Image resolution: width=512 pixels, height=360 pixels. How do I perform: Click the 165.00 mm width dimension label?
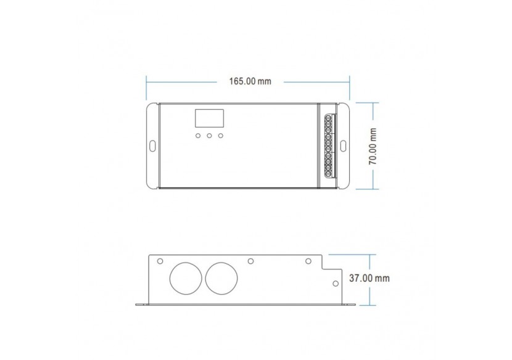(x=250, y=81)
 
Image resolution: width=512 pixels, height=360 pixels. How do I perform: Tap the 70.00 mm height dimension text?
(x=373, y=145)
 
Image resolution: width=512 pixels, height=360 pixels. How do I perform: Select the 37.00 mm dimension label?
(x=370, y=279)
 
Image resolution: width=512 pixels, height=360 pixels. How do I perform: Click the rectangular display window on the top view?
(x=209, y=118)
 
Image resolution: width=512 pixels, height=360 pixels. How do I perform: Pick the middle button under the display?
(x=209, y=136)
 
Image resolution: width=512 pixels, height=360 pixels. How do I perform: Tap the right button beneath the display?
(x=221, y=136)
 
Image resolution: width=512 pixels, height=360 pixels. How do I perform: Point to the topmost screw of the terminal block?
(x=328, y=118)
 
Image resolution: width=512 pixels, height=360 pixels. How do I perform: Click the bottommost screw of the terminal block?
(x=328, y=173)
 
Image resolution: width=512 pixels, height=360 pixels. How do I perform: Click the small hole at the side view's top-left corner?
(x=160, y=261)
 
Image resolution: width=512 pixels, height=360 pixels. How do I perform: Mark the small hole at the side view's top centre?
(x=250, y=261)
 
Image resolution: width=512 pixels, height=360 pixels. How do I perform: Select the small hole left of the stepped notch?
(x=308, y=261)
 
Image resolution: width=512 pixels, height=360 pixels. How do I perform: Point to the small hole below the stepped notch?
(x=335, y=284)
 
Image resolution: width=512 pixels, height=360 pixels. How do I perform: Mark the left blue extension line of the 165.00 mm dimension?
(x=146, y=88)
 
